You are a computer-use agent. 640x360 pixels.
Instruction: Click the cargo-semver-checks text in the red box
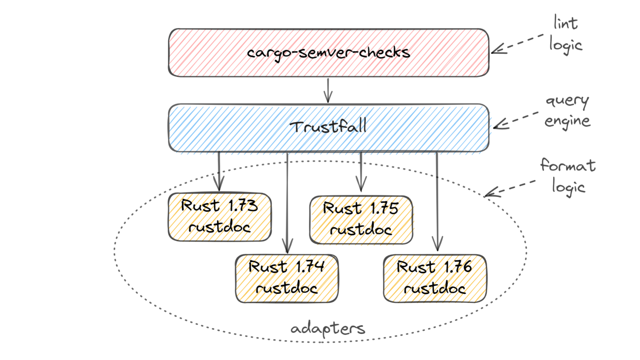328,53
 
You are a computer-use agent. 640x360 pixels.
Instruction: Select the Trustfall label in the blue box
328,127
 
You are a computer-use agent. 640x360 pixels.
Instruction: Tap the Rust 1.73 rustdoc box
219,217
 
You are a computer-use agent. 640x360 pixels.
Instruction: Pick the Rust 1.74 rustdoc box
287,278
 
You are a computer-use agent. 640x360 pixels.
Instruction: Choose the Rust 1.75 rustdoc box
361,219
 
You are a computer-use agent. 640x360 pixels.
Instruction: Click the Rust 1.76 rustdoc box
435,278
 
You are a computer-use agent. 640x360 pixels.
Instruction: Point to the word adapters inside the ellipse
328,329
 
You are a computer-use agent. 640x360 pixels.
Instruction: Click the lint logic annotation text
566,33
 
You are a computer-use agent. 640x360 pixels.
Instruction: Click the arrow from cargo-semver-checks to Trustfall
328,90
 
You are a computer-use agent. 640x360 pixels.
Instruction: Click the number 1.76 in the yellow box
458,267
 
